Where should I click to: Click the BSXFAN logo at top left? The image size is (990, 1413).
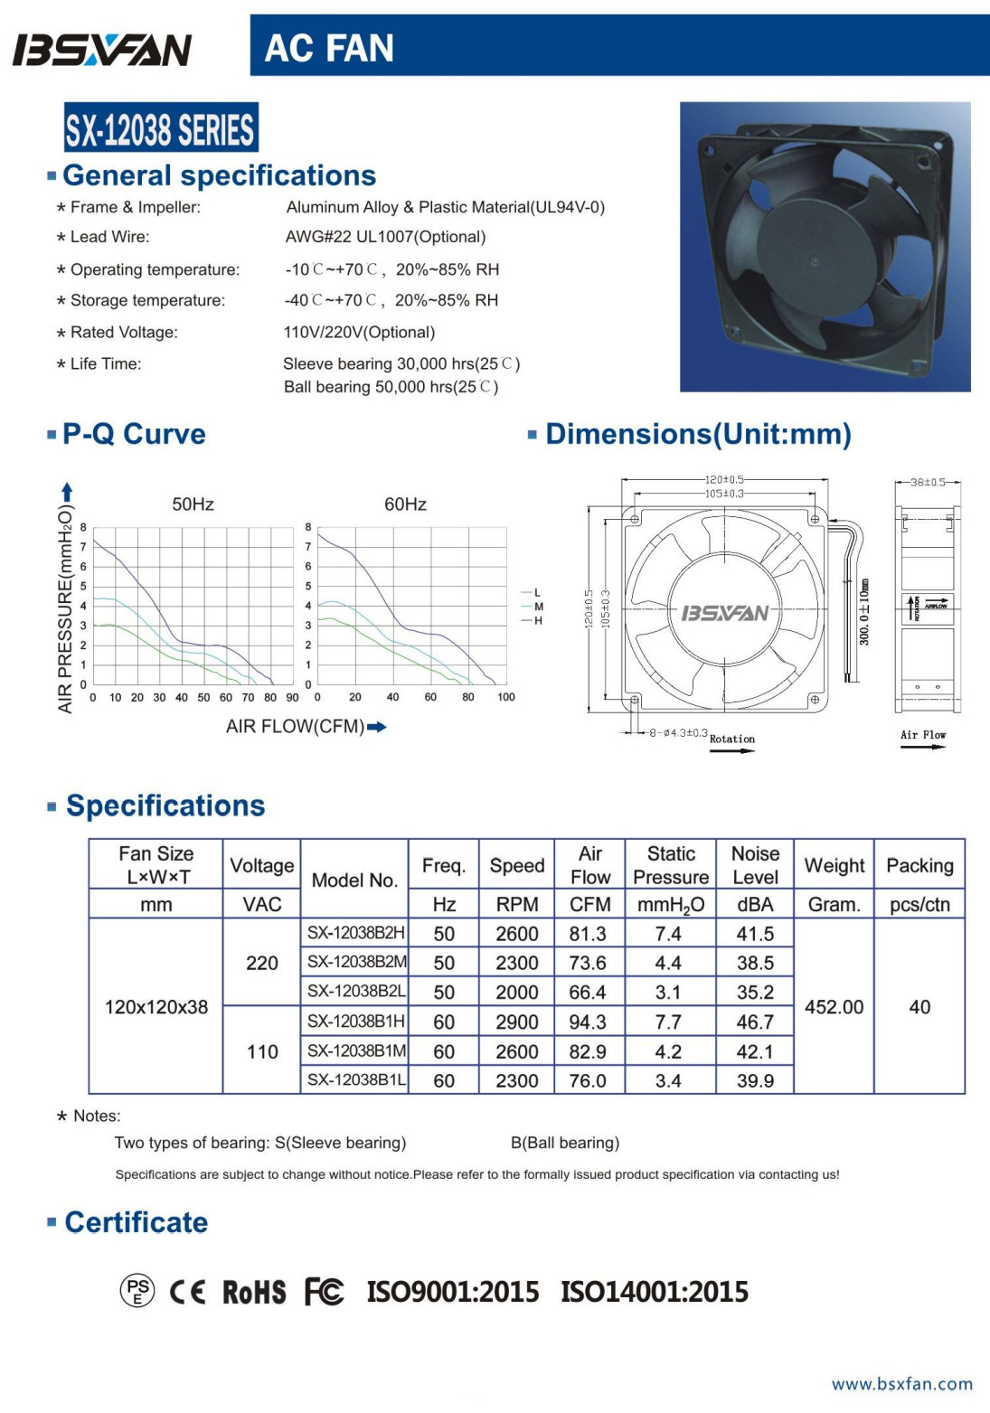pyautogui.click(x=102, y=50)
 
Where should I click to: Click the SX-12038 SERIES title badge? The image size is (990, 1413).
pyautogui.click(x=161, y=128)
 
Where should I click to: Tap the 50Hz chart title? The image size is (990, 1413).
pyautogui.click(x=193, y=504)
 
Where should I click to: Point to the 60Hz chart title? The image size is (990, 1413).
pyautogui.click(x=405, y=504)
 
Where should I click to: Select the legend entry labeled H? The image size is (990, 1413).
pyautogui.click(x=538, y=621)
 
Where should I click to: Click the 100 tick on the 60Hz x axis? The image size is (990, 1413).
pyautogui.click(x=506, y=697)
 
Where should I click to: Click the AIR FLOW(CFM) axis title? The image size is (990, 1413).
pyautogui.click(x=297, y=727)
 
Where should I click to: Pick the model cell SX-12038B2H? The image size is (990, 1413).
pyautogui.click(x=355, y=933)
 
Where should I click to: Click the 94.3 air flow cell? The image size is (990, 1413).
pyautogui.click(x=588, y=1022)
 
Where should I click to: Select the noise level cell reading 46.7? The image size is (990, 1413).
pyautogui.click(x=755, y=1022)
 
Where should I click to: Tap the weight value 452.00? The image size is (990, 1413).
pyautogui.click(x=834, y=1007)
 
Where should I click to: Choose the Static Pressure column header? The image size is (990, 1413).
pyautogui.click(x=671, y=865)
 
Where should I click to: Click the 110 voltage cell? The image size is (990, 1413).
pyautogui.click(x=262, y=1051)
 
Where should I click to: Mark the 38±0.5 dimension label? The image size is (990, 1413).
pyautogui.click(x=928, y=482)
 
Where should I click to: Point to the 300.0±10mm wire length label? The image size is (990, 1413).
pyautogui.click(x=864, y=612)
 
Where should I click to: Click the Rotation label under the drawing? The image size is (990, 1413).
pyautogui.click(x=731, y=739)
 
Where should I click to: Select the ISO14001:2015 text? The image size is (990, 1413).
pyautogui.click(x=655, y=1292)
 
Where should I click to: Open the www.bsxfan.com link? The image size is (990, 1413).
pyautogui.click(x=902, y=1384)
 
